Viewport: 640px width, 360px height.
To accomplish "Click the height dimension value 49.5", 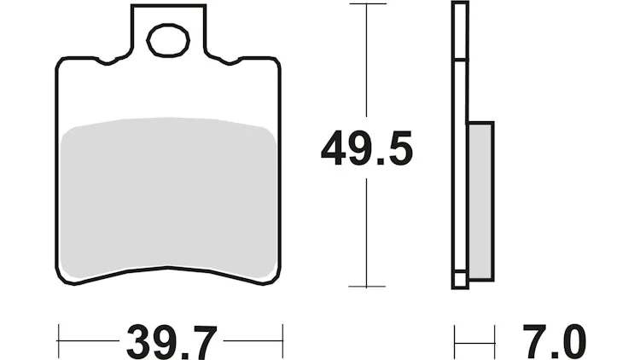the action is pyautogui.click(x=367, y=148).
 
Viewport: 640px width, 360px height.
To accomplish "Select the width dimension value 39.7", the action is pyautogui.click(x=172, y=342).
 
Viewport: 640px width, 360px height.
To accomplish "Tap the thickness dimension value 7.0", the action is pyautogui.click(x=555, y=342).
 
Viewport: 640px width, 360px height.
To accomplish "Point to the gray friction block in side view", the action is pyautogui.click(x=480, y=200).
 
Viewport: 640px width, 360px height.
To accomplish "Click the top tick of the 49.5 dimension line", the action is pyautogui.click(x=367, y=4).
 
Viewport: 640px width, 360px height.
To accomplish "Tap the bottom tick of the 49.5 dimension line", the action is pyautogui.click(x=367, y=287).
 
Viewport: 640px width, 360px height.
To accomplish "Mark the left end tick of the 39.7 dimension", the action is pyautogui.click(x=58, y=341).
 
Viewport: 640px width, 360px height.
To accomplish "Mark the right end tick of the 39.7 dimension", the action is pyautogui.click(x=282, y=341).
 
